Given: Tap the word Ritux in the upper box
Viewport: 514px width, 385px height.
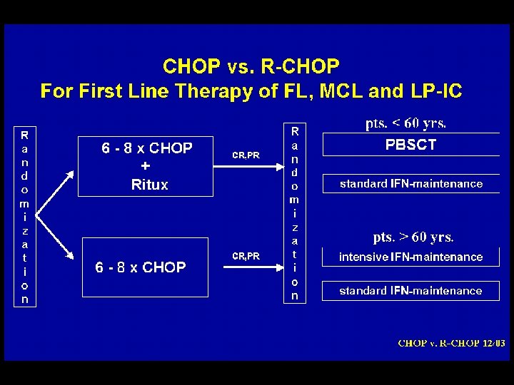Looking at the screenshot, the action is pos(149,185).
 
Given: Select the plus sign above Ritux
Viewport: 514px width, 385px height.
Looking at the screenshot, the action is pos(146,166).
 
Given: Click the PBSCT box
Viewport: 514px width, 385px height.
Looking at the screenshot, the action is pos(410,145).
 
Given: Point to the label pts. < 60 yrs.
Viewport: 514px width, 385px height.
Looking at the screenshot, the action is pos(405,123).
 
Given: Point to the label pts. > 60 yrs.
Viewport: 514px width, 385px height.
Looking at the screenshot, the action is pos(413,237).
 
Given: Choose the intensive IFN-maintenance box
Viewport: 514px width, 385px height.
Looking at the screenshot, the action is pos(410,257).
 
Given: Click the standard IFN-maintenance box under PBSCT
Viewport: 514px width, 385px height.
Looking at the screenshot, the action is pos(410,183).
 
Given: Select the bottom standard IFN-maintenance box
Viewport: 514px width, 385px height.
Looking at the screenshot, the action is pos(410,290).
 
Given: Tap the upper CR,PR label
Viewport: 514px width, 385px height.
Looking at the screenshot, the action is pos(246,155).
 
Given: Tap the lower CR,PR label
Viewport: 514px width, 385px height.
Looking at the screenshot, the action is pos(246,255).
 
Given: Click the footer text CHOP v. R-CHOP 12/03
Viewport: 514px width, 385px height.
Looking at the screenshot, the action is pos(451,343).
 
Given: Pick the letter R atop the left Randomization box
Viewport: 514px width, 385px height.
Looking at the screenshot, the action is pos(25,134).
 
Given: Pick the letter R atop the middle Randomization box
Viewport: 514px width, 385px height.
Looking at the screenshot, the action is pos(295,131).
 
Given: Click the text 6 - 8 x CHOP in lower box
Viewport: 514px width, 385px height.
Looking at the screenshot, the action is pos(141,267).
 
